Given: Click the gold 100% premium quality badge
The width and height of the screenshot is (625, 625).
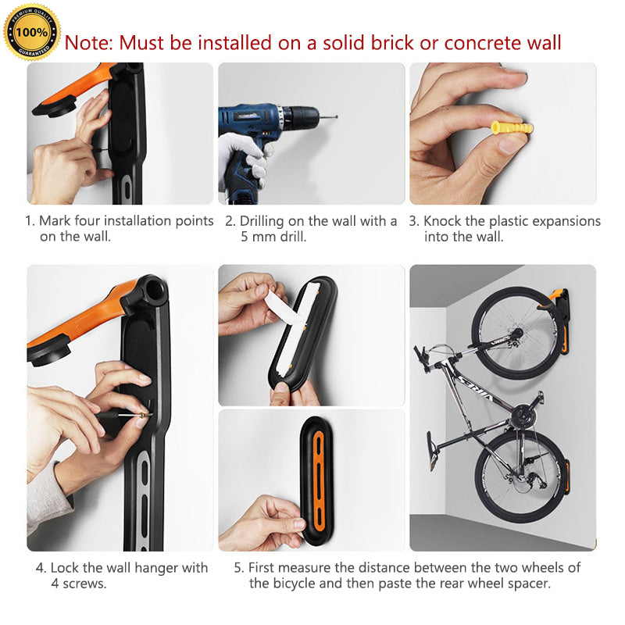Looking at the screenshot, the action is pos(32,32).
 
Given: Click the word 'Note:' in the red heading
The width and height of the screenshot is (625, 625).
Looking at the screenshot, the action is pos(89,43).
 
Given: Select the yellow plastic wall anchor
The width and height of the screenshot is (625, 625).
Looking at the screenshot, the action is pos(512,128).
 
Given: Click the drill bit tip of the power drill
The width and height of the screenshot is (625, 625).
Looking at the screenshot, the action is pos(337,116).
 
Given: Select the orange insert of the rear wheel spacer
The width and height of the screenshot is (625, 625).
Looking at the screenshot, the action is pos(319,481).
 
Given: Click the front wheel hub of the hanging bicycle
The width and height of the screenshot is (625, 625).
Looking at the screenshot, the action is pos(517,332).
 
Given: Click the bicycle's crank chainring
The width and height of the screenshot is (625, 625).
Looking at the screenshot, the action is pos(522,416).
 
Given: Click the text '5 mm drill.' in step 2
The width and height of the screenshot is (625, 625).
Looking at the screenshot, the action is pos(273,237).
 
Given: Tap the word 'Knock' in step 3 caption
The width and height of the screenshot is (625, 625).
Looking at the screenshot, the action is pos(441,221).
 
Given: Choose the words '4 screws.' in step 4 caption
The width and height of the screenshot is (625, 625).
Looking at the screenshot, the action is pos(79,584).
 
